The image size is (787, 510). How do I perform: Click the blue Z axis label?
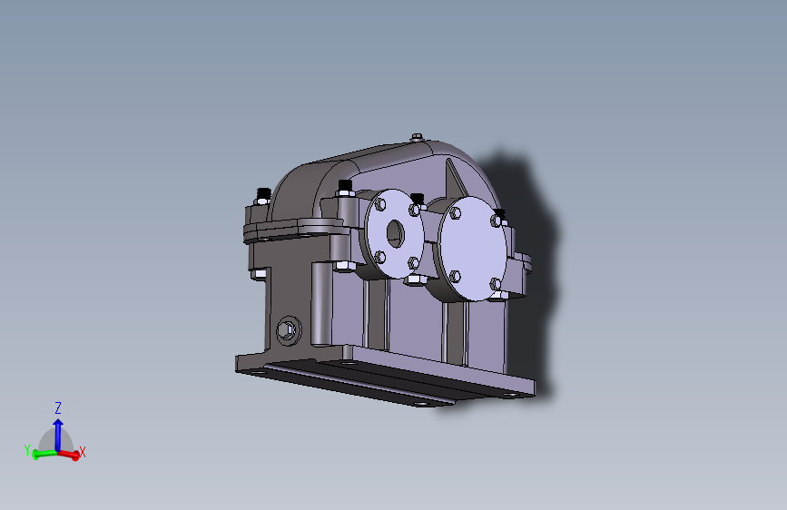57,407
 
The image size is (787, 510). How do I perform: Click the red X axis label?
83,451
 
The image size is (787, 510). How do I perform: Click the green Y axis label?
27,449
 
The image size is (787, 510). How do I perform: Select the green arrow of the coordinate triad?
41,453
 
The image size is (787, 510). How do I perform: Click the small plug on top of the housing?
416,138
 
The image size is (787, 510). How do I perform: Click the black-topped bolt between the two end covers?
418,199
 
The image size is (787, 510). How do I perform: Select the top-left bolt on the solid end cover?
455,215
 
